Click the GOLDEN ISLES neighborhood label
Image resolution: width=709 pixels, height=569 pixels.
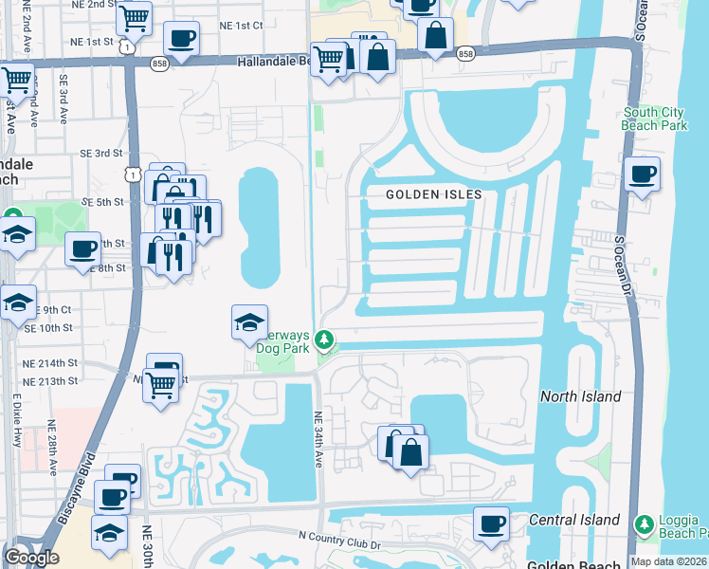[x=433, y=194]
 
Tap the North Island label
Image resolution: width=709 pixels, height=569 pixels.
[x=580, y=396]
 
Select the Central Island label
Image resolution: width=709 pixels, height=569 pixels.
[x=574, y=520]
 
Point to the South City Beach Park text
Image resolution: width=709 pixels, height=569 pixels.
[x=654, y=119]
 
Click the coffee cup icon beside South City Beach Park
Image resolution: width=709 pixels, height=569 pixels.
[x=643, y=174]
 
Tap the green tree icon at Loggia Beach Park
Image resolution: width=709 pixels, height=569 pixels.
[x=645, y=523]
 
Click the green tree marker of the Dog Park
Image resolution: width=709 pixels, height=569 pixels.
[x=324, y=339]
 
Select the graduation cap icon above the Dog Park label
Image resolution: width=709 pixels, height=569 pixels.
[x=249, y=322]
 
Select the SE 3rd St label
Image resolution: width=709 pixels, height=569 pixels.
[x=101, y=153]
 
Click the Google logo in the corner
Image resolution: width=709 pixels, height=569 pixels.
[x=31, y=557]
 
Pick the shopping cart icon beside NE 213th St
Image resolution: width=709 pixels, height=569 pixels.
[x=161, y=384]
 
